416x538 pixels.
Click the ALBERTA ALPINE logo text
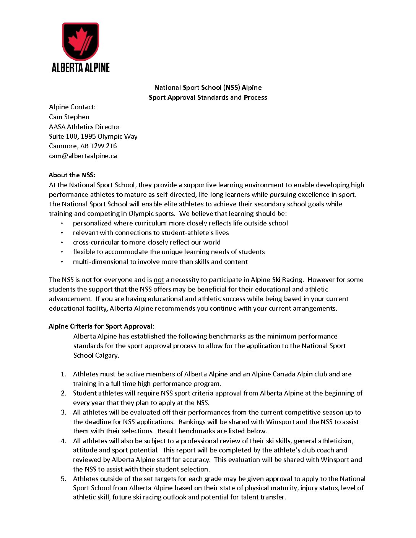point(81,68)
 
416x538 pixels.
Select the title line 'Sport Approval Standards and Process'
point(208,97)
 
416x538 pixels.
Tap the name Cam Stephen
point(69,117)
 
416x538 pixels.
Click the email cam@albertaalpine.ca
point(83,156)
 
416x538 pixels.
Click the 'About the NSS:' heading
point(72,175)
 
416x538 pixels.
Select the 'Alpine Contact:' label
point(72,107)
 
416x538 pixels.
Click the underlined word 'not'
point(159,280)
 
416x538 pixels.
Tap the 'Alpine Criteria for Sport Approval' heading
point(101,326)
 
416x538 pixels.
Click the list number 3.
point(63,412)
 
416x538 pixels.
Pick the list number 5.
point(63,479)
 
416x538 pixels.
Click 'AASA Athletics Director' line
point(84,127)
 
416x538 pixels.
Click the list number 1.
point(63,374)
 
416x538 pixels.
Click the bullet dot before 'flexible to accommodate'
point(62,252)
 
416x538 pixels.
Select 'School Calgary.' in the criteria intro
point(96,355)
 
